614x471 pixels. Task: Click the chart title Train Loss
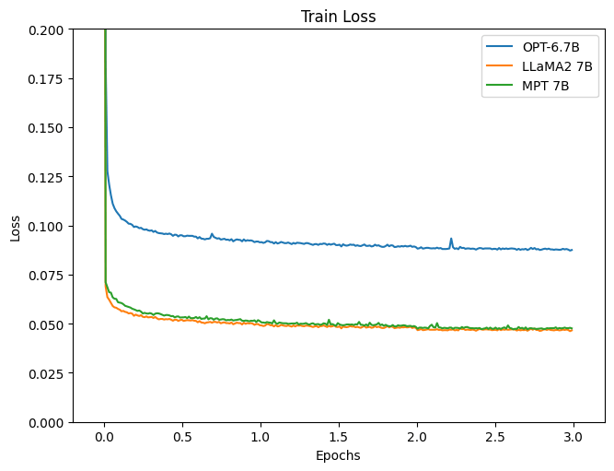[x=338, y=17]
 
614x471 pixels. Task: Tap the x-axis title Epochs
[x=338, y=455]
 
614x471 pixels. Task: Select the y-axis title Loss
[x=16, y=226]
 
